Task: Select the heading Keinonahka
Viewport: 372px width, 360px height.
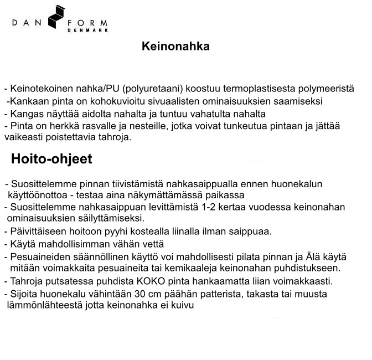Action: click(x=175, y=47)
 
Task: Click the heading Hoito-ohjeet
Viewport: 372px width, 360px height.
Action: click(x=51, y=160)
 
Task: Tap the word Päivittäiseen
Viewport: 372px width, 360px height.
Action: click(x=37, y=232)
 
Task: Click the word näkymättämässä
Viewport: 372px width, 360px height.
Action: click(x=166, y=196)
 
